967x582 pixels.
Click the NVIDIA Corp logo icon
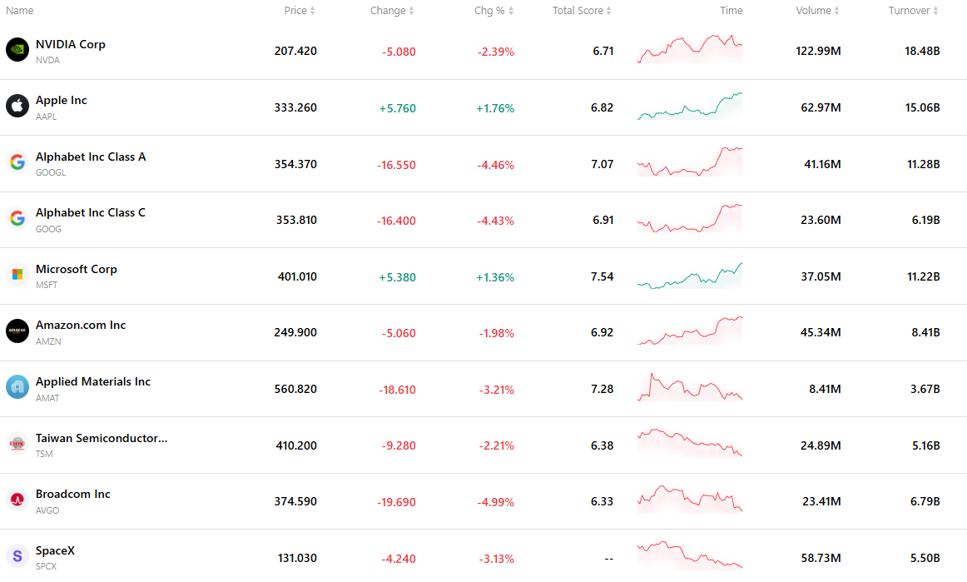point(17,50)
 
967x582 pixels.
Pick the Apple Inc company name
point(61,100)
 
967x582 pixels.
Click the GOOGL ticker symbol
point(51,173)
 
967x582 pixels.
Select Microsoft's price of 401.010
point(297,276)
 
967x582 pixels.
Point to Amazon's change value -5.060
point(399,333)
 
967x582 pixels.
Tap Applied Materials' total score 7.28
point(602,389)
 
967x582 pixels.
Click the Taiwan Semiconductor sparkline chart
point(690,443)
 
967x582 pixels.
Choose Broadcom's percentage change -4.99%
point(495,502)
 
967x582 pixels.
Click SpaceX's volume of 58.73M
point(821,558)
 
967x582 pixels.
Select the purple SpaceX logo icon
point(17,557)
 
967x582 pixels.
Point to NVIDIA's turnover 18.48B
point(922,52)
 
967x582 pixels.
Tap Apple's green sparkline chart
point(690,106)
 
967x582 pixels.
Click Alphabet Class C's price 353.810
point(296,221)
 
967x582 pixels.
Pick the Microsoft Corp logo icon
point(17,275)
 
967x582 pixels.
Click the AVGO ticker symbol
point(47,510)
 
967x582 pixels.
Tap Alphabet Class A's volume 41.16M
point(823,164)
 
